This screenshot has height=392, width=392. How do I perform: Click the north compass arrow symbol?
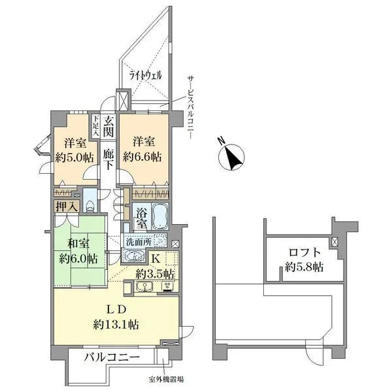click(x=231, y=157)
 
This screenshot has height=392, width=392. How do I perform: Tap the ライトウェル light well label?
click(x=146, y=75)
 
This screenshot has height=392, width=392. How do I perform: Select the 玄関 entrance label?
click(x=108, y=127)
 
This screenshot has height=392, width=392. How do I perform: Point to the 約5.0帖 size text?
click(x=74, y=157)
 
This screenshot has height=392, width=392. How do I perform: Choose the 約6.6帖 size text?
click(x=142, y=157)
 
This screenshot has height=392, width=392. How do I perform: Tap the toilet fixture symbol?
click(x=90, y=206)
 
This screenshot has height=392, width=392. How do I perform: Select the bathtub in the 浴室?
click(x=159, y=216)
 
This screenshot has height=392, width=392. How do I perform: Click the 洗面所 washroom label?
click(x=139, y=242)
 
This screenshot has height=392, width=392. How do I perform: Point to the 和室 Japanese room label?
click(x=78, y=243)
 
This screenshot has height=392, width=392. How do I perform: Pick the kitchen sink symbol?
click(x=144, y=287)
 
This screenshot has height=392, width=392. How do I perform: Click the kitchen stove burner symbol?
click(x=167, y=287)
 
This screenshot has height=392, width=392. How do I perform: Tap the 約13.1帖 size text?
click(x=116, y=325)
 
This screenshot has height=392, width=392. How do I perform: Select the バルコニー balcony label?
click(x=112, y=357)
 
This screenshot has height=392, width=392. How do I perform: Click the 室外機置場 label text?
click(x=166, y=380)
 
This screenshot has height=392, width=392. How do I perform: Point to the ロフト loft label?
click(x=304, y=252)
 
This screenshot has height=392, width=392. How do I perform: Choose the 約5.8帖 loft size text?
click(x=304, y=267)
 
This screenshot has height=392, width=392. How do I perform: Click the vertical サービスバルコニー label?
click(x=191, y=107)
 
